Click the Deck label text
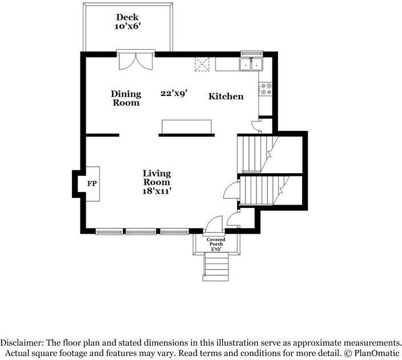coord(127,17)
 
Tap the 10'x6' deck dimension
coord(127,26)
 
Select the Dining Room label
coord(126,98)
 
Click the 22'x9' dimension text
coord(174,93)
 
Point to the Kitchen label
coord(226,97)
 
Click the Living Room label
coord(156,178)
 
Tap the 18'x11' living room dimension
coord(157,191)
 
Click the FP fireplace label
coord(92,184)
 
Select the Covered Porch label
coord(216,242)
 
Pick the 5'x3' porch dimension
coord(216,249)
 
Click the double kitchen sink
coord(251,64)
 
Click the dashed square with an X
coord(202,64)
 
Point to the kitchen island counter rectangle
coord(186,127)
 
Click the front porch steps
coord(216,267)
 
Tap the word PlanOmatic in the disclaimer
coord(377,353)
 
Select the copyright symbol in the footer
coord(348,354)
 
